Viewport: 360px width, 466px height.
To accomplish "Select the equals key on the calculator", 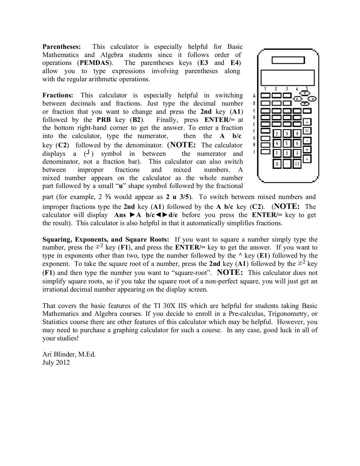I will coord(307,159).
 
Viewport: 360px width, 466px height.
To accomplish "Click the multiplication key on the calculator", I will coord(307,131).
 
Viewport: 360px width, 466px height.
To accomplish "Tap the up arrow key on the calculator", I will coord(304,93).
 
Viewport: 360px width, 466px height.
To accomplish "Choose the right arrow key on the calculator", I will coord(311,99).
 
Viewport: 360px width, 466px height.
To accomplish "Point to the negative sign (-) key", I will coord(297,164).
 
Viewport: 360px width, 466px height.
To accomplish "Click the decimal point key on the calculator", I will coord(287,164).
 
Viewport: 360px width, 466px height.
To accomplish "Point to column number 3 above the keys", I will coord(287,89).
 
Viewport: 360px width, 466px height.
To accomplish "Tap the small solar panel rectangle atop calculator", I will coord(288,60).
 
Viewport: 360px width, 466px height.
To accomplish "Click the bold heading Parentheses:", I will coord(62,47).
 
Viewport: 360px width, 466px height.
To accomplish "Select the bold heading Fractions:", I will coord(58,95).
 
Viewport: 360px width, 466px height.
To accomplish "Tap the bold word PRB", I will coord(104,120).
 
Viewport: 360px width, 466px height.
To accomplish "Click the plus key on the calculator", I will coord(307,150).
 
